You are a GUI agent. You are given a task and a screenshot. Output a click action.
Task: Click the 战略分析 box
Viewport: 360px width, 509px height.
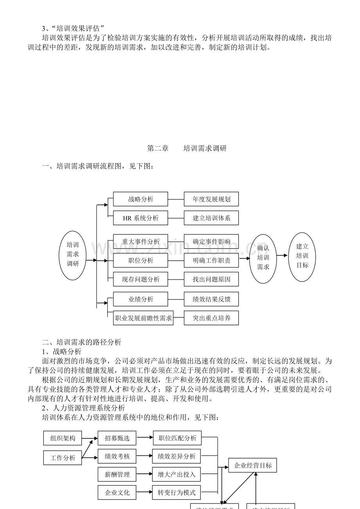pyautogui.click(x=140, y=199)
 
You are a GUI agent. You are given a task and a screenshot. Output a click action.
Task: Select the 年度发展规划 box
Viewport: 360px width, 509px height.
pyautogui.click(x=211, y=199)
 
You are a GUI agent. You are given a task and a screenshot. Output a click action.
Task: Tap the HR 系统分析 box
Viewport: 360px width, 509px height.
pyautogui.click(x=140, y=218)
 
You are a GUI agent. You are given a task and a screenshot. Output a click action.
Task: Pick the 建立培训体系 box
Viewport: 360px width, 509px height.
pyautogui.click(x=211, y=218)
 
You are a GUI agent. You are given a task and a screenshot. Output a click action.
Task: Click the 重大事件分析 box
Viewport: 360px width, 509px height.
pyautogui.click(x=140, y=242)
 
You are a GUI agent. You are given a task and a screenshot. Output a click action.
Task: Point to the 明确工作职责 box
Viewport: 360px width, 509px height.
pyautogui.click(x=211, y=260)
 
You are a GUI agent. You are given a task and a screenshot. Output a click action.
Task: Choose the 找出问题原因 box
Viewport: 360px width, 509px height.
pyautogui.click(x=211, y=279)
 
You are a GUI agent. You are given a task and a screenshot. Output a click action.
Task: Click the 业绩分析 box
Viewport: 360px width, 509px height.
pyautogui.click(x=140, y=299)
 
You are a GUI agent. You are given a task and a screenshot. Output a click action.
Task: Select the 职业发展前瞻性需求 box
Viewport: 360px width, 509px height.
pyautogui.click(x=143, y=318)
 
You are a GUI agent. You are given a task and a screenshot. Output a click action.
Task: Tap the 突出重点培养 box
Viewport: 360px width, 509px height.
pyautogui.click(x=211, y=318)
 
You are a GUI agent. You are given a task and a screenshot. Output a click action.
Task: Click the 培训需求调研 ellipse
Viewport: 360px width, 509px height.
pyautogui.click(x=73, y=256)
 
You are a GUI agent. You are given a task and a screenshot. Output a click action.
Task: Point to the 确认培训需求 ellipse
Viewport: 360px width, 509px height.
pyautogui.click(x=263, y=258)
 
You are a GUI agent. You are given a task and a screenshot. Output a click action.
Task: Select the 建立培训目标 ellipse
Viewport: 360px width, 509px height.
pyautogui.click(x=302, y=256)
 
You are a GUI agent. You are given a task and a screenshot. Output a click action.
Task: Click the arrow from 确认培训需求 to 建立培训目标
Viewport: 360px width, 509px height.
pyautogui.click(x=282, y=256)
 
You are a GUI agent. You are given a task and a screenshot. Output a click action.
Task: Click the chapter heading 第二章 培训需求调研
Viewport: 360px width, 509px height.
pyautogui.click(x=187, y=149)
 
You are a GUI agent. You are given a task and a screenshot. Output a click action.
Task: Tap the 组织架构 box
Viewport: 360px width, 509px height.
pyautogui.click(x=63, y=438)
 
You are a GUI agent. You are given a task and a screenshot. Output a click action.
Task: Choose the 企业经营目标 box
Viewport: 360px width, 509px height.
pyautogui.click(x=252, y=466)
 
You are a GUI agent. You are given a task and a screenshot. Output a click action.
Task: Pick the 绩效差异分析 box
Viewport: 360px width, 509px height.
pyautogui.click(x=176, y=456)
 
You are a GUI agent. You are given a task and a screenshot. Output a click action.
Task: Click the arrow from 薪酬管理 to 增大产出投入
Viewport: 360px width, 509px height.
pyautogui.click(x=144, y=475)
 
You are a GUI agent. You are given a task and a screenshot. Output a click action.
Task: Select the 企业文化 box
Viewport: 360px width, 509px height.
pyautogui.click(x=117, y=493)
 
